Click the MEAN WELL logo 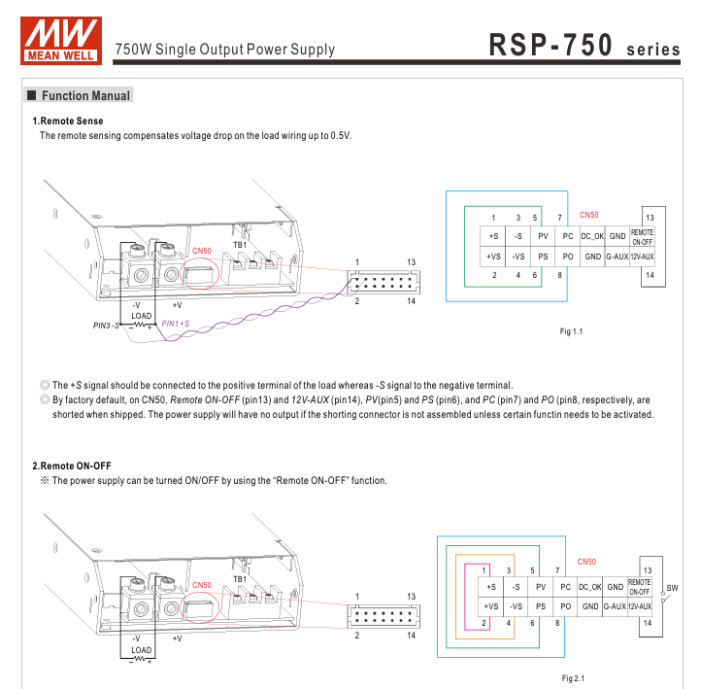[61, 41]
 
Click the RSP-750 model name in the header [551, 45]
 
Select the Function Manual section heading [79, 95]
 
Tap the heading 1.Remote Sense [68, 121]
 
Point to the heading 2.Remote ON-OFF [72, 465]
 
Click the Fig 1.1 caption [571, 331]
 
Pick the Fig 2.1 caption [573, 678]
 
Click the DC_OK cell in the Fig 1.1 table [592, 236]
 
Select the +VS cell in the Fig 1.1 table [493, 257]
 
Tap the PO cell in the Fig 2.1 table [565, 606]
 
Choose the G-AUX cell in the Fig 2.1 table [615, 606]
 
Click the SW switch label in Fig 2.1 [672, 587]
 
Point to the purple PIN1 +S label [175, 324]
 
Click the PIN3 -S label [106, 326]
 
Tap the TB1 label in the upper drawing [240, 245]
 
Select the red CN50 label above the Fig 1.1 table [588, 215]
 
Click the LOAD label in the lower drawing [142, 649]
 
